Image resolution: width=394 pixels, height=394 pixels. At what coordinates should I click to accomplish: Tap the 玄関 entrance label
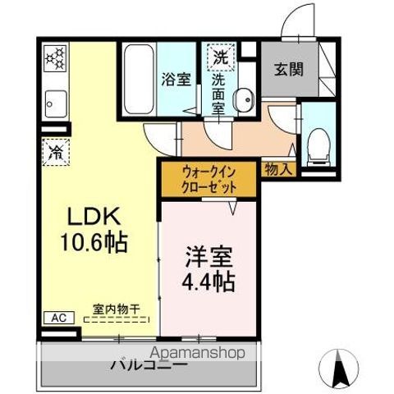(x=286, y=69)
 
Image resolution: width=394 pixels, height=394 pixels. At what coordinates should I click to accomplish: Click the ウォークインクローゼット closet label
(x=210, y=180)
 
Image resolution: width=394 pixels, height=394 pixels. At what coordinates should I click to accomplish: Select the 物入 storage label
(x=278, y=170)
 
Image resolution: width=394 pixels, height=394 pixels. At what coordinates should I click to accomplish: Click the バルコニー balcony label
(x=146, y=366)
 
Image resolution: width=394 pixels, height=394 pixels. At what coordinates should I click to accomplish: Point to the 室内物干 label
(x=115, y=309)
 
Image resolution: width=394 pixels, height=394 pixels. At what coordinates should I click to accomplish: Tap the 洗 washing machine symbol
(x=221, y=57)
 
